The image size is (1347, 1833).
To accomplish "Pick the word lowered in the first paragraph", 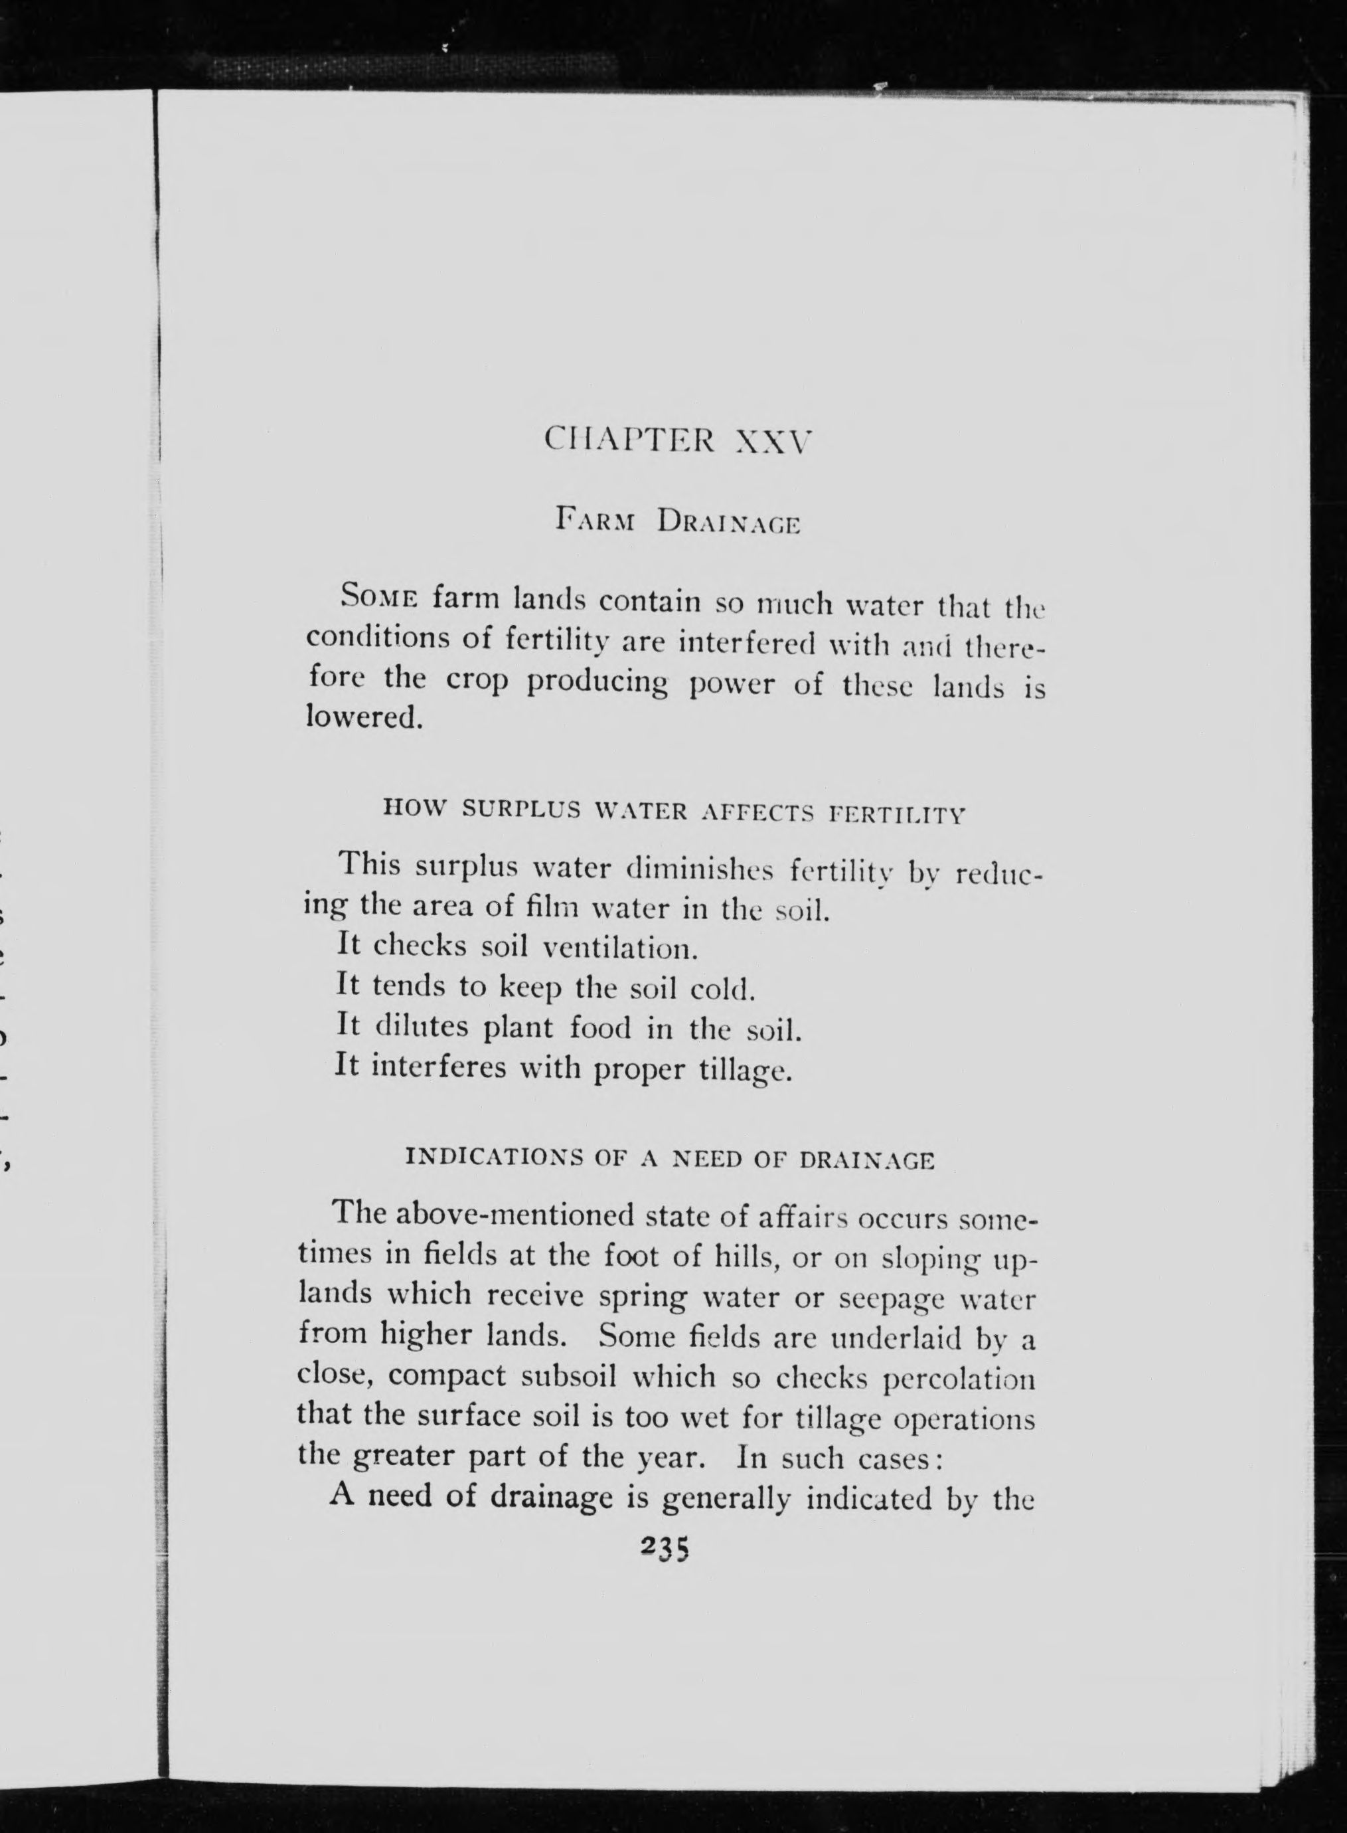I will click(364, 718).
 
